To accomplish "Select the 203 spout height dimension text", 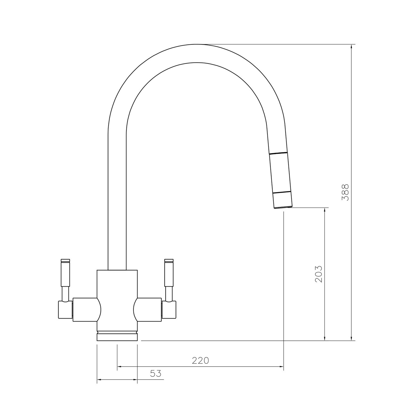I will [319, 274].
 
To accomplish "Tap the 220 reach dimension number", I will [201, 361].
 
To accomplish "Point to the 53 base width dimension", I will [156, 374].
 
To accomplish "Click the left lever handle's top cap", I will [66, 261].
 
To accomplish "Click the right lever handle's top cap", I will [169, 261].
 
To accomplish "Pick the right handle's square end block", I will [169, 310].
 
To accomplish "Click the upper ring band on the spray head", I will [278, 153].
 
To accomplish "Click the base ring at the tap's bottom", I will [117, 337].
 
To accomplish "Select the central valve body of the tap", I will [117, 298].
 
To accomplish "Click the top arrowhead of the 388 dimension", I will [351, 46].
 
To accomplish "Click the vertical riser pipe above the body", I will [117, 203].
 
